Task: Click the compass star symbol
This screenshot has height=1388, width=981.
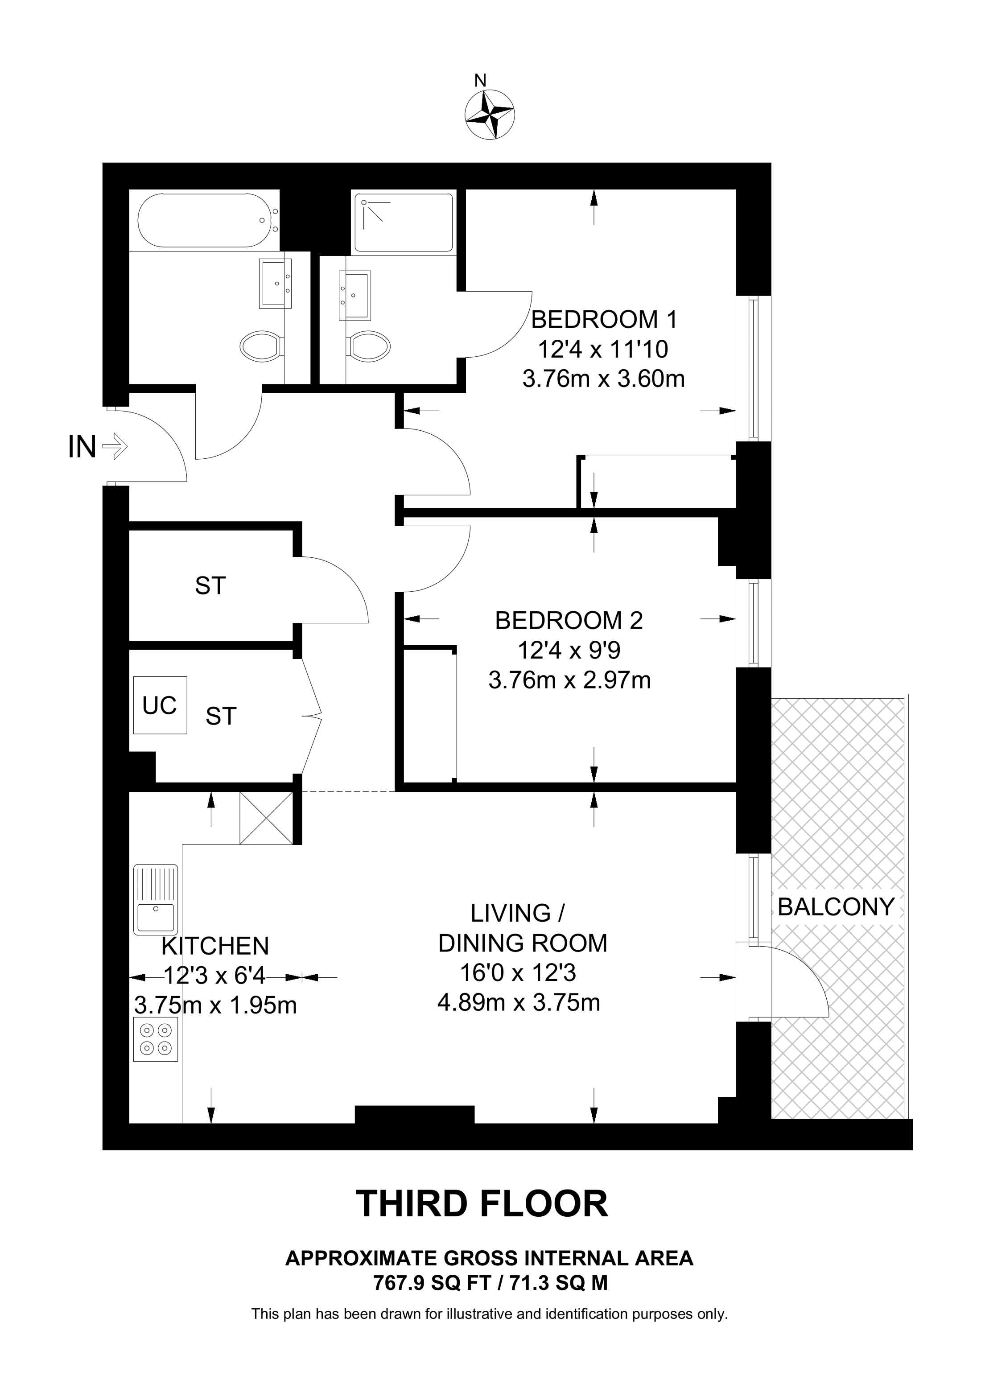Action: point(490,114)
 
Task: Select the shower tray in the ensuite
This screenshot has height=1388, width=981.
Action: point(403,222)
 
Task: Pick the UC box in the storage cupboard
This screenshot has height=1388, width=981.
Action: point(160,705)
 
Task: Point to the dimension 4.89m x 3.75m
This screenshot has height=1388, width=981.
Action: point(518,1003)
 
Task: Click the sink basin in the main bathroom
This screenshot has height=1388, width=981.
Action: point(276,283)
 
